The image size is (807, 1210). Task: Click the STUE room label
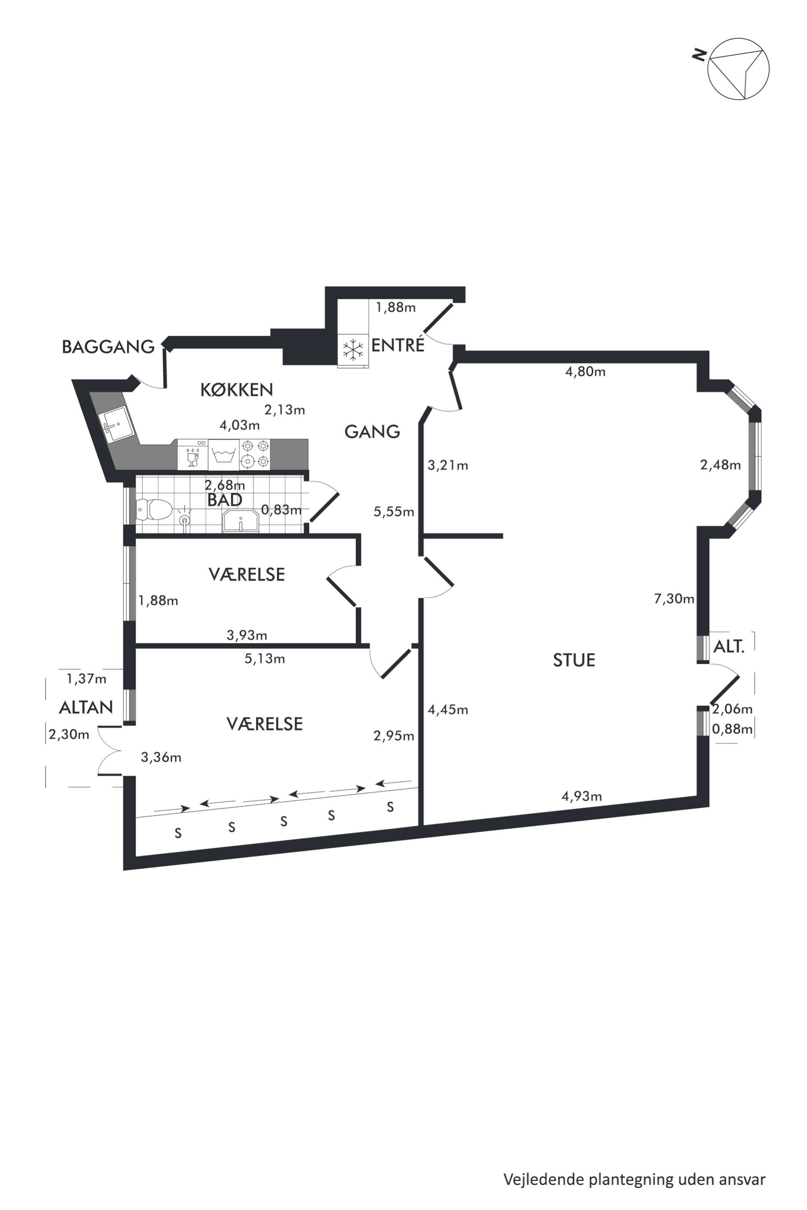click(574, 660)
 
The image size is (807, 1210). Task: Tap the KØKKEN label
click(236, 390)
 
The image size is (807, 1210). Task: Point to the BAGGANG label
click(108, 347)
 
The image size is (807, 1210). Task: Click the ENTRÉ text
click(398, 345)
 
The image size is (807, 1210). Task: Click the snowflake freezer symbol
click(353, 350)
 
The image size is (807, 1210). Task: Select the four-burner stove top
click(255, 454)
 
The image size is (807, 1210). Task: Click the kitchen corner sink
click(118, 425)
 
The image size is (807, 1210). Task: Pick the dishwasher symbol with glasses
click(193, 454)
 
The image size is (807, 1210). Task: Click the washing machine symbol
click(224, 454)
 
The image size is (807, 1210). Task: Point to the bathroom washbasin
click(240, 521)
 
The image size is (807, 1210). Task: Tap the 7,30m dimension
click(674, 599)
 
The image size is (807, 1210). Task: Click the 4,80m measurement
click(585, 372)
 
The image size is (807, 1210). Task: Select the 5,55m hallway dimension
click(394, 512)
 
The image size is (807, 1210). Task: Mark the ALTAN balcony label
click(86, 708)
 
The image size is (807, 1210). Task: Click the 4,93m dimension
click(581, 796)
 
